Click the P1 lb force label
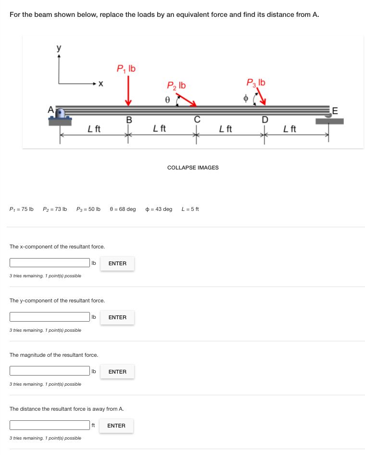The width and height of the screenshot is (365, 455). pyautogui.click(x=126, y=69)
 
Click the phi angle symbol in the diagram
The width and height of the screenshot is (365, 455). pyautogui.click(x=245, y=98)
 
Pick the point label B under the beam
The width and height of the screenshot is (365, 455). pyautogui.click(x=128, y=119)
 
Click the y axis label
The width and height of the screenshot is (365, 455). pyautogui.click(x=59, y=48)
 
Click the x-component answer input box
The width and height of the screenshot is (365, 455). pyautogui.click(x=50, y=263)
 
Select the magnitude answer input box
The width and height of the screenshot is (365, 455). pyautogui.click(x=50, y=371)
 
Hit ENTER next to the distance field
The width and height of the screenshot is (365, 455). pyautogui.click(x=116, y=426)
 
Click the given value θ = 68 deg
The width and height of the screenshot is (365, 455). pyautogui.click(x=123, y=209)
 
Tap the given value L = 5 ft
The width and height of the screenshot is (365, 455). pyautogui.click(x=190, y=209)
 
